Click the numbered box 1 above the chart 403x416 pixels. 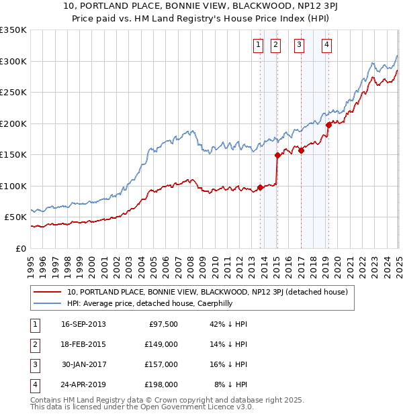click(x=258, y=46)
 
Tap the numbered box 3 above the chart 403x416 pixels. click(x=299, y=46)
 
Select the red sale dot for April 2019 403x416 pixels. click(x=329, y=125)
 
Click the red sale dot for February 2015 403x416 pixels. click(x=277, y=155)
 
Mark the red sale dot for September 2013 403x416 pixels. click(x=260, y=187)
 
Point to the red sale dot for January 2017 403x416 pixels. click(x=302, y=150)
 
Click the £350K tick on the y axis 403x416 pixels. click(x=13, y=30)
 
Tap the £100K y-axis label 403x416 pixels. click(x=13, y=186)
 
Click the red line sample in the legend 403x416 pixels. click(x=48, y=292)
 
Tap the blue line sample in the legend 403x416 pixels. click(x=48, y=303)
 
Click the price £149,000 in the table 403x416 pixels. click(x=161, y=344)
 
